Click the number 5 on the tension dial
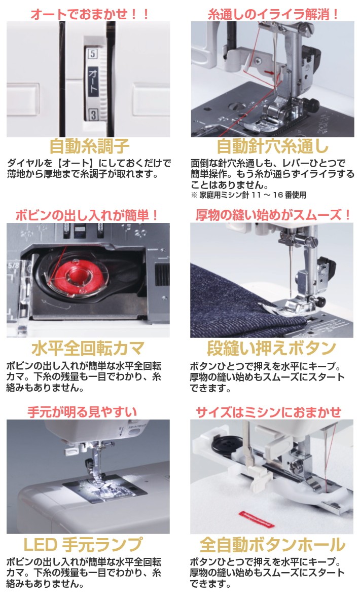(x=92, y=53)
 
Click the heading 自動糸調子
(x=89, y=146)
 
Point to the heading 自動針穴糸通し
(x=272, y=146)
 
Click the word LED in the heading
(x=41, y=545)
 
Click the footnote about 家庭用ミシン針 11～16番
(x=248, y=194)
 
